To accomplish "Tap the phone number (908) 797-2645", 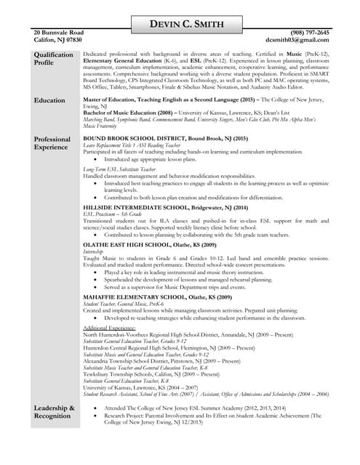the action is pyautogui.click(x=308, y=33).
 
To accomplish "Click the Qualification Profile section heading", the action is pyautogui.click(x=53, y=59).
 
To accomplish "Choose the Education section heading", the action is pyautogui.click(x=49, y=100).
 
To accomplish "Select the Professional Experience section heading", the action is pyautogui.click(x=52, y=143).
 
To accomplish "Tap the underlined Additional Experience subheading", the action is pyautogui.click(x=110, y=328).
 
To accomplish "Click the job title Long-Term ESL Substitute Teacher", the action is pyautogui.click(x=119, y=169).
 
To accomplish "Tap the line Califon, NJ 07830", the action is pyautogui.click(x=58, y=41).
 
